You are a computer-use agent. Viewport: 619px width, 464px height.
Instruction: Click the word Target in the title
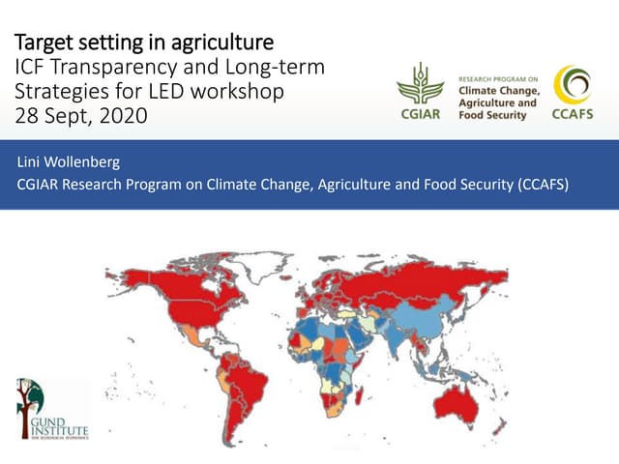pyautogui.click(x=43, y=43)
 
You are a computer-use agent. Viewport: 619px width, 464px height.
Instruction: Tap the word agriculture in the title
pyautogui.click(x=221, y=43)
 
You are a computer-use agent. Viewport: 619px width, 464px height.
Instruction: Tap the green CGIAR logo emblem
pyautogui.click(x=420, y=84)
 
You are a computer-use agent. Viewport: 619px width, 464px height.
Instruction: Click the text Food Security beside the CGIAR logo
pyautogui.click(x=491, y=115)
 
